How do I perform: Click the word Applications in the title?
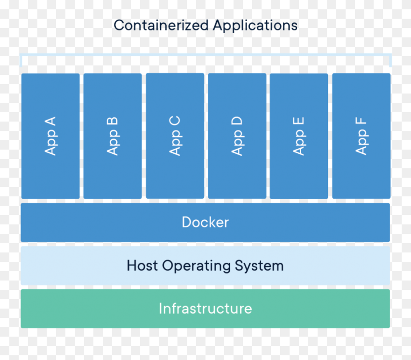point(255,25)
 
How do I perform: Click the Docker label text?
point(205,222)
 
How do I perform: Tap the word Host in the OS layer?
point(142,266)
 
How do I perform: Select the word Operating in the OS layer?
point(196,266)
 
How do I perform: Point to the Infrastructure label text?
point(205,309)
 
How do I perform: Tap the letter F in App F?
point(361,122)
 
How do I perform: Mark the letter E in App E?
point(299,122)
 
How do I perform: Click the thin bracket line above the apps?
point(205,55)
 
